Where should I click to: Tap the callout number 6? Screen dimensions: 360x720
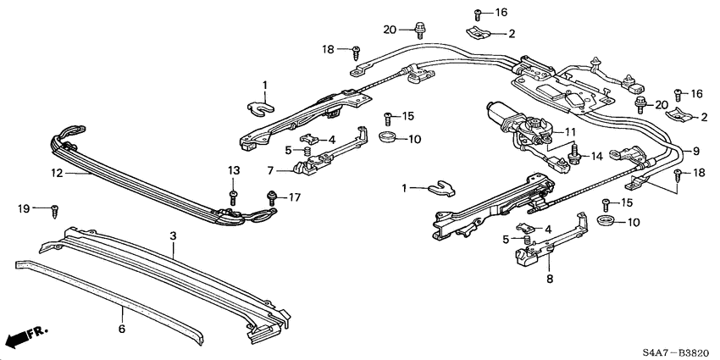tap(122, 328)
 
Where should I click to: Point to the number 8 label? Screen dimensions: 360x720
tap(549, 277)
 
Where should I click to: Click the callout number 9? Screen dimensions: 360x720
tap(696, 151)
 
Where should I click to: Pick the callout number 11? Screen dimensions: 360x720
tap(569, 131)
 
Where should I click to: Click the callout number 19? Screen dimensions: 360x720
tap(25, 206)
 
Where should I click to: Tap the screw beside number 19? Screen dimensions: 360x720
tap(54, 207)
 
